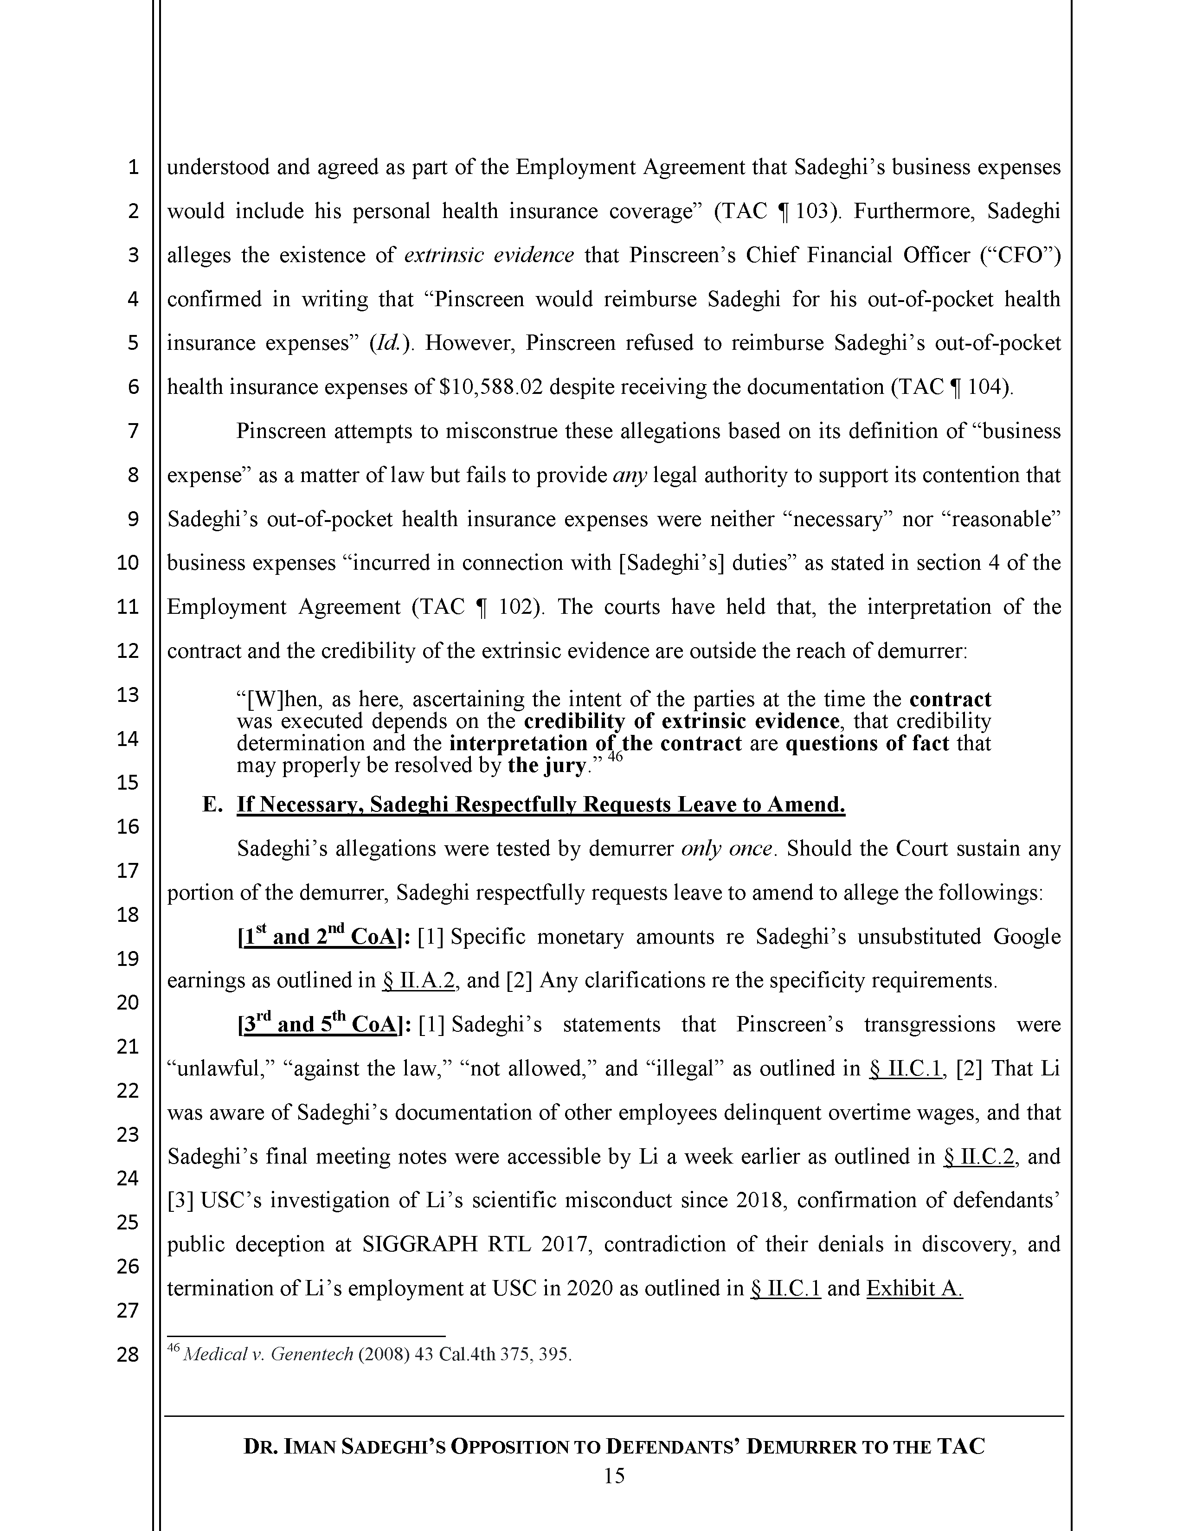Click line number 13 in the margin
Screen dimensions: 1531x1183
click(x=128, y=695)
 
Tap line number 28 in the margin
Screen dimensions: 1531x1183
click(x=128, y=1354)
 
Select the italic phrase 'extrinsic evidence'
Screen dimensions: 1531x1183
click(x=489, y=255)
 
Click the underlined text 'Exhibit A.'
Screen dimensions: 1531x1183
click(x=914, y=1288)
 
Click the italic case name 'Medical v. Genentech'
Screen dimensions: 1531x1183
click(x=268, y=1354)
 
